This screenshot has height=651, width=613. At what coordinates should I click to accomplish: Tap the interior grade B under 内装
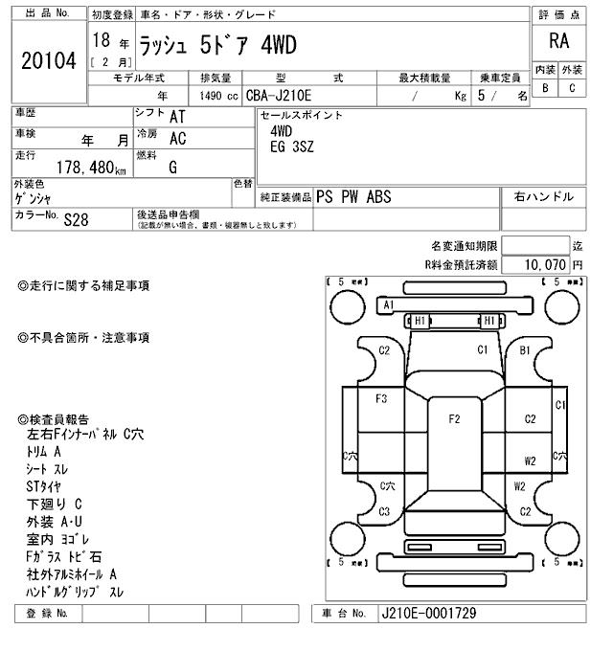click(545, 88)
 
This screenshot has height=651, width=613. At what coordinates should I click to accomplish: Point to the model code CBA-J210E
click(285, 96)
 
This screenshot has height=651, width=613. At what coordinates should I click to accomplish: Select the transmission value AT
click(177, 116)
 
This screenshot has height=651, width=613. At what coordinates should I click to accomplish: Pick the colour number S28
click(76, 219)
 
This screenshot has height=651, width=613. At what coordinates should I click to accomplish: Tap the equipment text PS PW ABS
click(353, 197)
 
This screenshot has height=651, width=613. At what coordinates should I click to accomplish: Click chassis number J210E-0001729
click(428, 613)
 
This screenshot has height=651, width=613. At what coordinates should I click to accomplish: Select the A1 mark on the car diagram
click(389, 304)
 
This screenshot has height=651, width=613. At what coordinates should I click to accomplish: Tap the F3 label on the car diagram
click(381, 398)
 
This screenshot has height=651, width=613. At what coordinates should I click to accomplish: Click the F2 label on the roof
click(454, 418)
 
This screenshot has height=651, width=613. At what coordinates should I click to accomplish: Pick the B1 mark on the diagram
click(525, 350)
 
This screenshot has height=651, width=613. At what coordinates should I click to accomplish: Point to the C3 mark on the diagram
click(384, 511)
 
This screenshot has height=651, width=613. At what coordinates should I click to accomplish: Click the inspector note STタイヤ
click(45, 486)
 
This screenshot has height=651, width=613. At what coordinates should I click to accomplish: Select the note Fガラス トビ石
click(64, 556)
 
